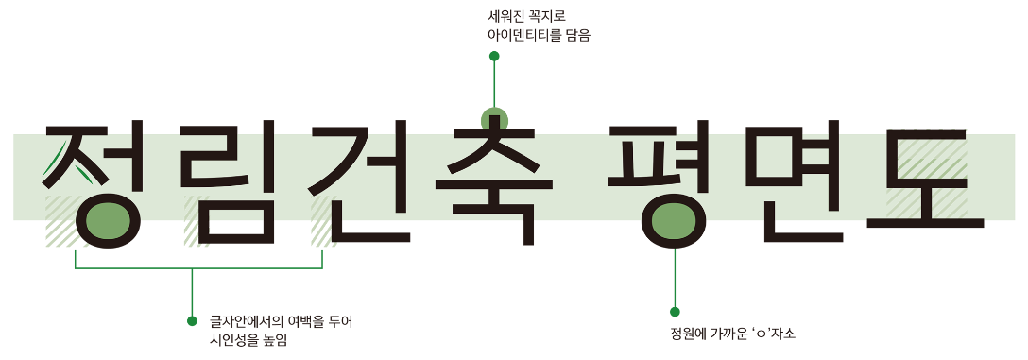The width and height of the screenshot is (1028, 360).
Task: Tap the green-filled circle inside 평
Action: click(x=675, y=221)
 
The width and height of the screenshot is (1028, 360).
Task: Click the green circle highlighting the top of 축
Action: click(x=494, y=120)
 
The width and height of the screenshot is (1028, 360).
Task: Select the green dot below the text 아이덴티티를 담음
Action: click(x=494, y=57)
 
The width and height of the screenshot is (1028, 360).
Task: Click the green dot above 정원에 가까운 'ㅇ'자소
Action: click(x=675, y=312)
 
